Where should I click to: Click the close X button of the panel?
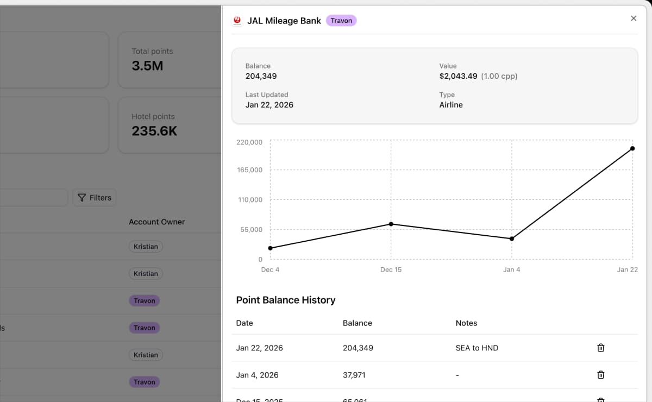click(x=633, y=18)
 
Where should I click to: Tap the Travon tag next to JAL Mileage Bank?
click(x=341, y=21)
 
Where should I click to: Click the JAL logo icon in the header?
click(x=237, y=21)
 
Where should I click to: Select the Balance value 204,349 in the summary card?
click(x=261, y=76)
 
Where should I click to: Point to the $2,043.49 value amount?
click(x=458, y=76)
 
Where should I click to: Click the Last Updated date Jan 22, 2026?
click(x=269, y=105)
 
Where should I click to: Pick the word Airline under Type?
click(x=451, y=105)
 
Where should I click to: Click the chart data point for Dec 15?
click(x=391, y=224)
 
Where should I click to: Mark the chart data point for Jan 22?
click(x=632, y=148)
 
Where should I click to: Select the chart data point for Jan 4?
click(x=512, y=238)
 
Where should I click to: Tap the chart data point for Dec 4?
click(x=271, y=248)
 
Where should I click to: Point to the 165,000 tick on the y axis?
click(x=249, y=170)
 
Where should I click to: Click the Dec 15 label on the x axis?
click(x=391, y=269)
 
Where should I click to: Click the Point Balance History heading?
click(x=286, y=300)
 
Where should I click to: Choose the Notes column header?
click(x=466, y=323)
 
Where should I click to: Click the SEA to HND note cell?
click(x=477, y=348)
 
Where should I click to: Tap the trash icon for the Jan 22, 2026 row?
click(x=601, y=348)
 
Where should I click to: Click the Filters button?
click(x=95, y=198)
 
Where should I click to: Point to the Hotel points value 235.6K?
click(x=154, y=131)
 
